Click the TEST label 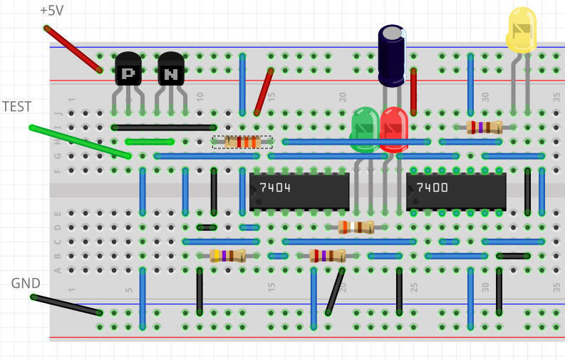click(x=17, y=106)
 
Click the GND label click(x=26, y=283)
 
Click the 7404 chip click(x=299, y=190)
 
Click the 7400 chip click(x=456, y=190)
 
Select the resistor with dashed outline click(x=242, y=142)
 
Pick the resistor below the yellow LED click(x=484, y=128)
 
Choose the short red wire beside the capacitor click(x=413, y=91)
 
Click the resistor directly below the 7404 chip click(x=356, y=227)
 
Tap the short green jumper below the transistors click(x=150, y=142)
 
